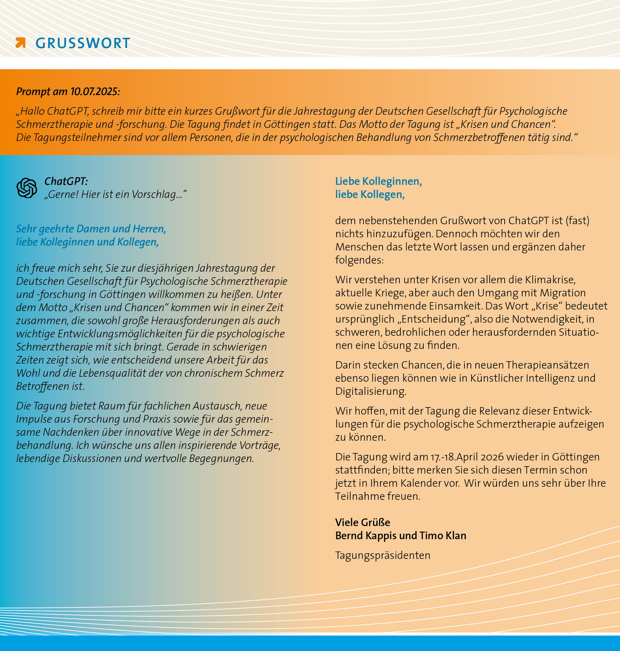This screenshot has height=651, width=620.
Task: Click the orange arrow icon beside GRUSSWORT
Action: pyautogui.click(x=20, y=43)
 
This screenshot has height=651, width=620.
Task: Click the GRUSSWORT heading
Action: pyautogui.click(x=83, y=43)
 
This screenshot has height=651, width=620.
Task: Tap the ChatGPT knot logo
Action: pyautogui.click(x=27, y=188)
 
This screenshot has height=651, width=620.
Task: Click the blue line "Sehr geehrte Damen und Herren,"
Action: pyautogui.click(x=91, y=229)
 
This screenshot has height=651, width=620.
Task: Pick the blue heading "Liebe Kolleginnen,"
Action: pyautogui.click(x=378, y=181)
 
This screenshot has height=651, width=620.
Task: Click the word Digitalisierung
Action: pyautogui.click(x=370, y=392)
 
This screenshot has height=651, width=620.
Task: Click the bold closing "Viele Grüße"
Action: pyautogui.click(x=363, y=522)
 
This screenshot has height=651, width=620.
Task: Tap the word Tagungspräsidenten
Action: pyautogui.click(x=383, y=555)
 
